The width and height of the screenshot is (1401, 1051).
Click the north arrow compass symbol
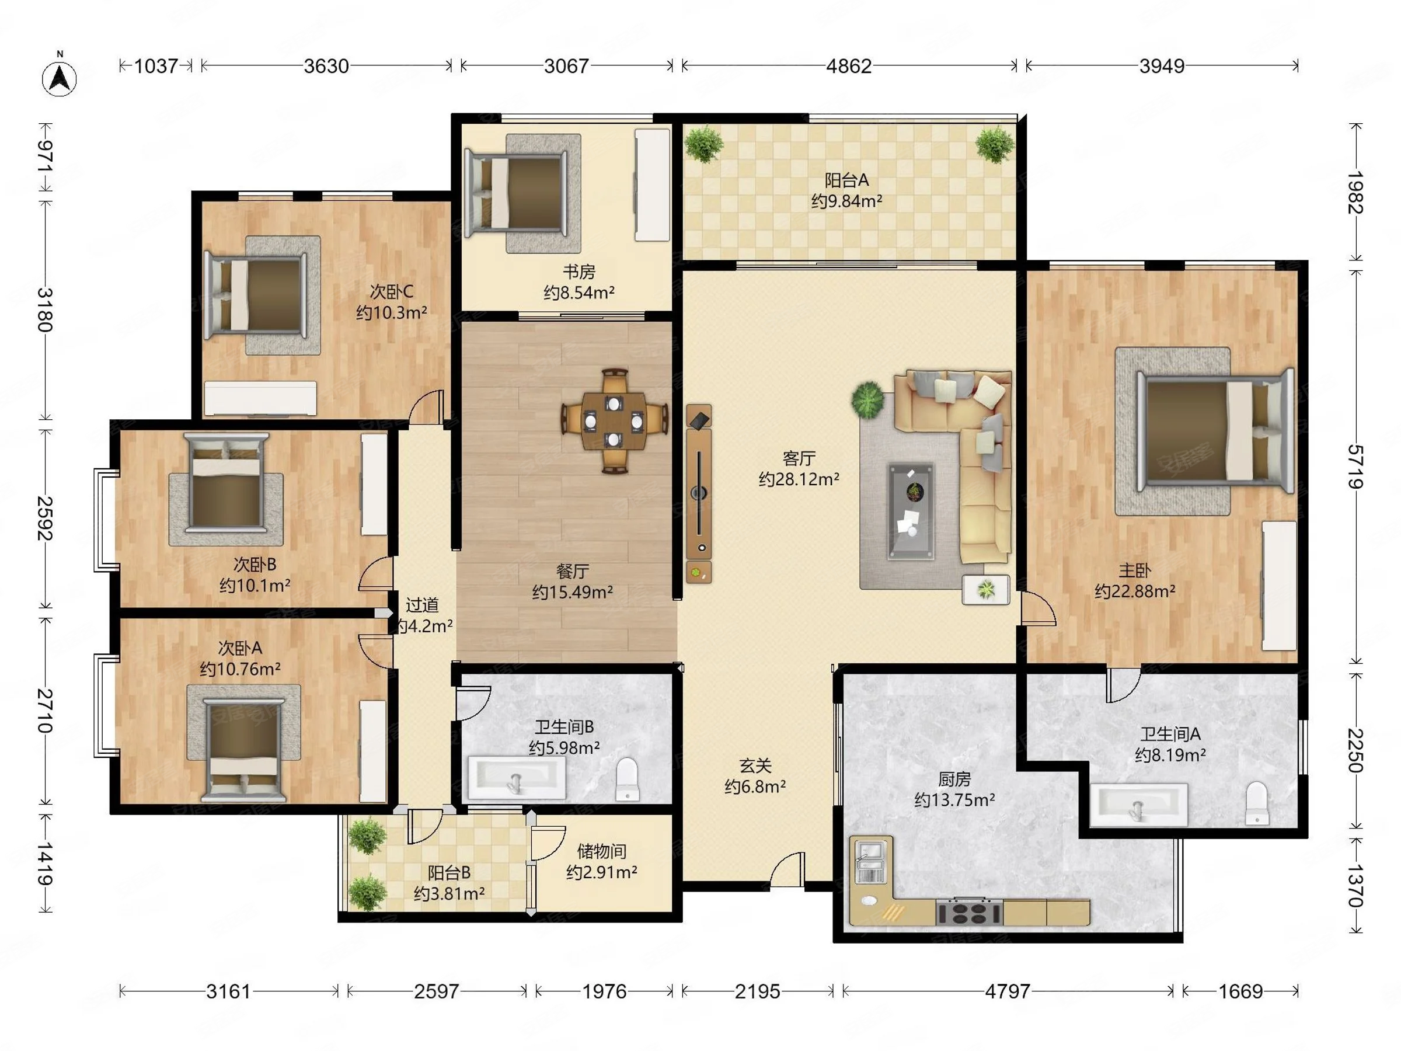[x=60, y=77]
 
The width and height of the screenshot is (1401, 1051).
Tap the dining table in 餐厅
[x=613, y=420]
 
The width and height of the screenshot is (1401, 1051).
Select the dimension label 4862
[x=849, y=66]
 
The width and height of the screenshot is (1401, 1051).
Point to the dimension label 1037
[x=156, y=66]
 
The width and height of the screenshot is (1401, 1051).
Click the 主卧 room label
[x=1134, y=571]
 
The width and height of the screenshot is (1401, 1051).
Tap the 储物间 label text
[x=602, y=851]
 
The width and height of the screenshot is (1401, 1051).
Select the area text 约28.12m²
[x=799, y=479]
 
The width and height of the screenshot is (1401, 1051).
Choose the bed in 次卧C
[x=255, y=295]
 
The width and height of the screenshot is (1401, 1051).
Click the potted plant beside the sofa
[x=867, y=399]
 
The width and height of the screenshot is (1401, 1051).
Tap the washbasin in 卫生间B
[x=517, y=777]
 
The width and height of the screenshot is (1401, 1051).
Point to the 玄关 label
[x=755, y=766]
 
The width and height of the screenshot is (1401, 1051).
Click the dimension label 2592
[x=44, y=518]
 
